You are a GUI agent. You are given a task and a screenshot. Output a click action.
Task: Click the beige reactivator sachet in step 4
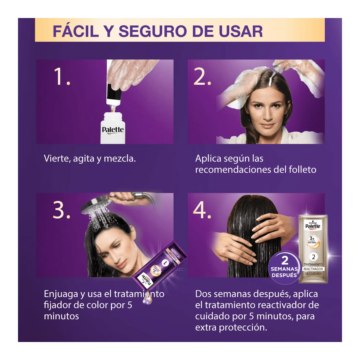[x=313, y=248]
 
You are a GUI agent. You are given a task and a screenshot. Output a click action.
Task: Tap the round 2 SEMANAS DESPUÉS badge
[x=284, y=267]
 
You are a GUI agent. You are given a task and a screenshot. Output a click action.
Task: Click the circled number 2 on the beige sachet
[x=313, y=257]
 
